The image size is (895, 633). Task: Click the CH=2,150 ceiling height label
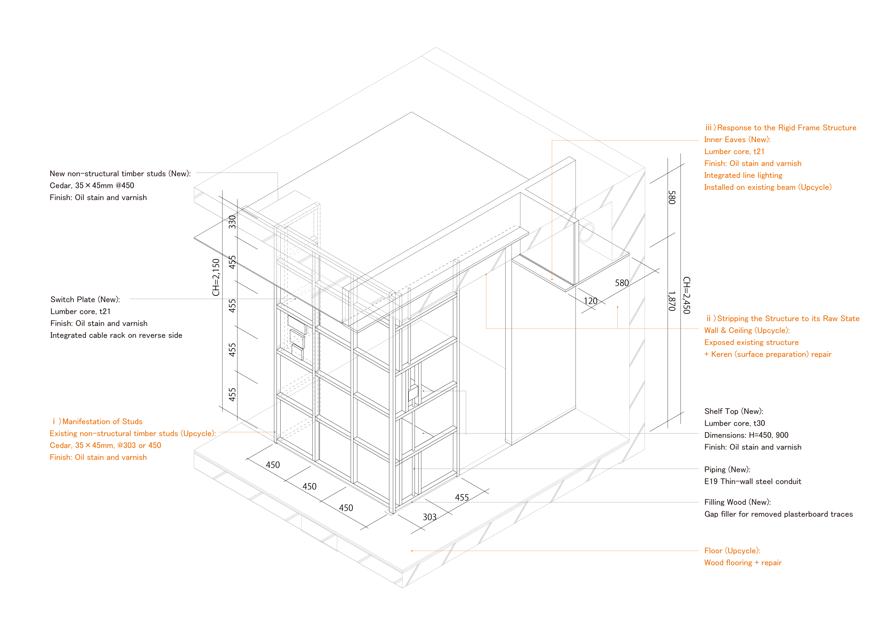[x=216, y=277]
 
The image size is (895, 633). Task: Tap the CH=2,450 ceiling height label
[x=687, y=295]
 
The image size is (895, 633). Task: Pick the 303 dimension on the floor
[x=430, y=517]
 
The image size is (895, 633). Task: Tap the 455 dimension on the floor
[x=462, y=497]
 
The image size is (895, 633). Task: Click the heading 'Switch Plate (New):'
[x=85, y=299]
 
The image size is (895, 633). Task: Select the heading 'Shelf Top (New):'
[x=734, y=411]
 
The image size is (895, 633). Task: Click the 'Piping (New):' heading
[x=727, y=469]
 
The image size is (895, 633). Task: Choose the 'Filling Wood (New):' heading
[x=738, y=502]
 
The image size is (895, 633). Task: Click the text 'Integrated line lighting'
[x=743, y=175]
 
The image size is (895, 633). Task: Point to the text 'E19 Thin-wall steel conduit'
[x=752, y=481]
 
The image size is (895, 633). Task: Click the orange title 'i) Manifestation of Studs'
[x=97, y=421]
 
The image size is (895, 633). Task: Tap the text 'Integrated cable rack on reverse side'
[x=116, y=335]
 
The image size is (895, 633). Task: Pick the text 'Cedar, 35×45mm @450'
[x=92, y=185]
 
